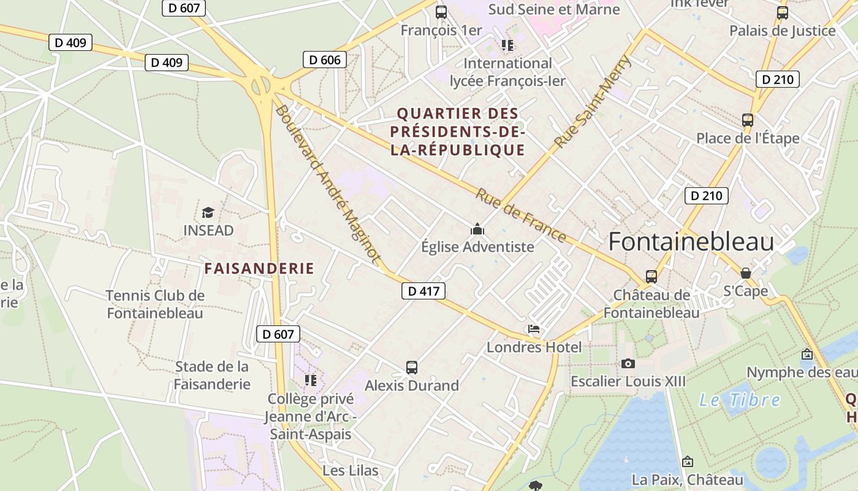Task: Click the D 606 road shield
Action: click(x=325, y=60)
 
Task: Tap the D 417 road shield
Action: click(x=423, y=291)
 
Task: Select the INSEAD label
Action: click(x=208, y=230)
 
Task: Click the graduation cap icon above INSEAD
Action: click(x=208, y=212)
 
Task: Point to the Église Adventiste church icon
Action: click(x=477, y=230)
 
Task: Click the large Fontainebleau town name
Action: click(x=691, y=242)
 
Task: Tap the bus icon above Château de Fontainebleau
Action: click(x=651, y=276)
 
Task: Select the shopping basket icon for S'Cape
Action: click(x=746, y=273)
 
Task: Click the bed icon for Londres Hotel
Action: click(x=534, y=329)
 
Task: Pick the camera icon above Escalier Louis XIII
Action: click(x=628, y=363)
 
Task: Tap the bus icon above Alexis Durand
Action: click(x=412, y=368)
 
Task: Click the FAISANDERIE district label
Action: click(x=259, y=268)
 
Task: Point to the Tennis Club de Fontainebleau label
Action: click(x=155, y=304)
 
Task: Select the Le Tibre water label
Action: click(x=740, y=400)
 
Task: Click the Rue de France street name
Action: click(x=521, y=215)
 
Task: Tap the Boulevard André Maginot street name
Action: click(x=328, y=184)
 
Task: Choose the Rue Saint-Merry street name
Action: click(x=592, y=101)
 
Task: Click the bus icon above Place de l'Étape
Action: click(x=748, y=120)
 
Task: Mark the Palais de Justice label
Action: click(x=782, y=30)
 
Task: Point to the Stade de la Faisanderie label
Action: click(x=212, y=375)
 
